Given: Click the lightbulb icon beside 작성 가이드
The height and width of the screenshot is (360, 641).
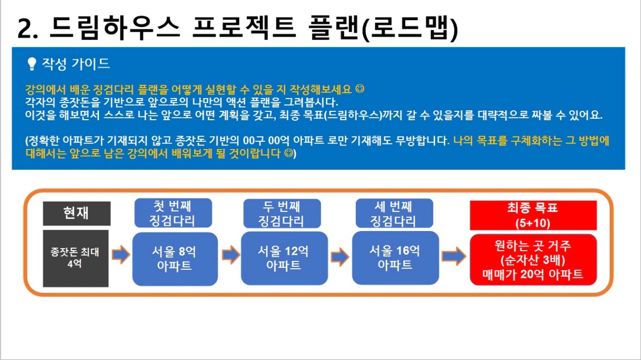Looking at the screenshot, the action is click(x=31, y=64).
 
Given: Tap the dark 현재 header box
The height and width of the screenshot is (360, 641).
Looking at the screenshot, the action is click(x=77, y=214).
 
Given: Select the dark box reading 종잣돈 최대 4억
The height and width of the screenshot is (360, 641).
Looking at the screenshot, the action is click(x=75, y=258).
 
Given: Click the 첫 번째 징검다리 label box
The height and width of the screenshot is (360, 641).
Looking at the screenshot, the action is click(x=173, y=213).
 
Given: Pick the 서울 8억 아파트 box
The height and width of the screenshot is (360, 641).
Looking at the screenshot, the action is click(x=175, y=259).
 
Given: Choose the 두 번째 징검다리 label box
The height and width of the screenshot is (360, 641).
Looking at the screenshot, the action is click(x=282, y=213).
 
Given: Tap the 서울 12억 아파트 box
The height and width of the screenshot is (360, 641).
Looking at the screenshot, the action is click(x=284, y=258).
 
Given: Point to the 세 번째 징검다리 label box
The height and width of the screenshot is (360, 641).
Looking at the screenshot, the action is click(x=394, y=213).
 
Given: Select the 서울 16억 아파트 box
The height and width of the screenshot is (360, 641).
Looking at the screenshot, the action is click(x=395, y=258).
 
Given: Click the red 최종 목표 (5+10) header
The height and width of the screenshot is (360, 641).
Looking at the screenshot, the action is click(x=533, y=215).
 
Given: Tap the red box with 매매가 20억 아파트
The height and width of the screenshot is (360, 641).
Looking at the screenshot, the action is click(x=533, y=259).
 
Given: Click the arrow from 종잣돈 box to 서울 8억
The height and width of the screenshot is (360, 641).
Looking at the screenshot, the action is click(x=121, y=254).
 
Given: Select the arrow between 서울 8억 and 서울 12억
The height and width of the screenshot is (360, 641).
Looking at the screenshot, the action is click(x=231, y=255).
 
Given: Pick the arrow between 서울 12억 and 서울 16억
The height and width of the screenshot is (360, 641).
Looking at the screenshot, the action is click(x=340, y=257).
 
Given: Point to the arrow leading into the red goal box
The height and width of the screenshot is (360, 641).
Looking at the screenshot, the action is click(x=454, y=256).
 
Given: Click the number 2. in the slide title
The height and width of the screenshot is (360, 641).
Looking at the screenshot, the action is click(x=27, y=28).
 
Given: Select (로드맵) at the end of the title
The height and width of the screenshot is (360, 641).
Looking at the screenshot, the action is click(x=409, y=28).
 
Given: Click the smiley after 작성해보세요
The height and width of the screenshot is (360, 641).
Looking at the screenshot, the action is click(x=360, y=89).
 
